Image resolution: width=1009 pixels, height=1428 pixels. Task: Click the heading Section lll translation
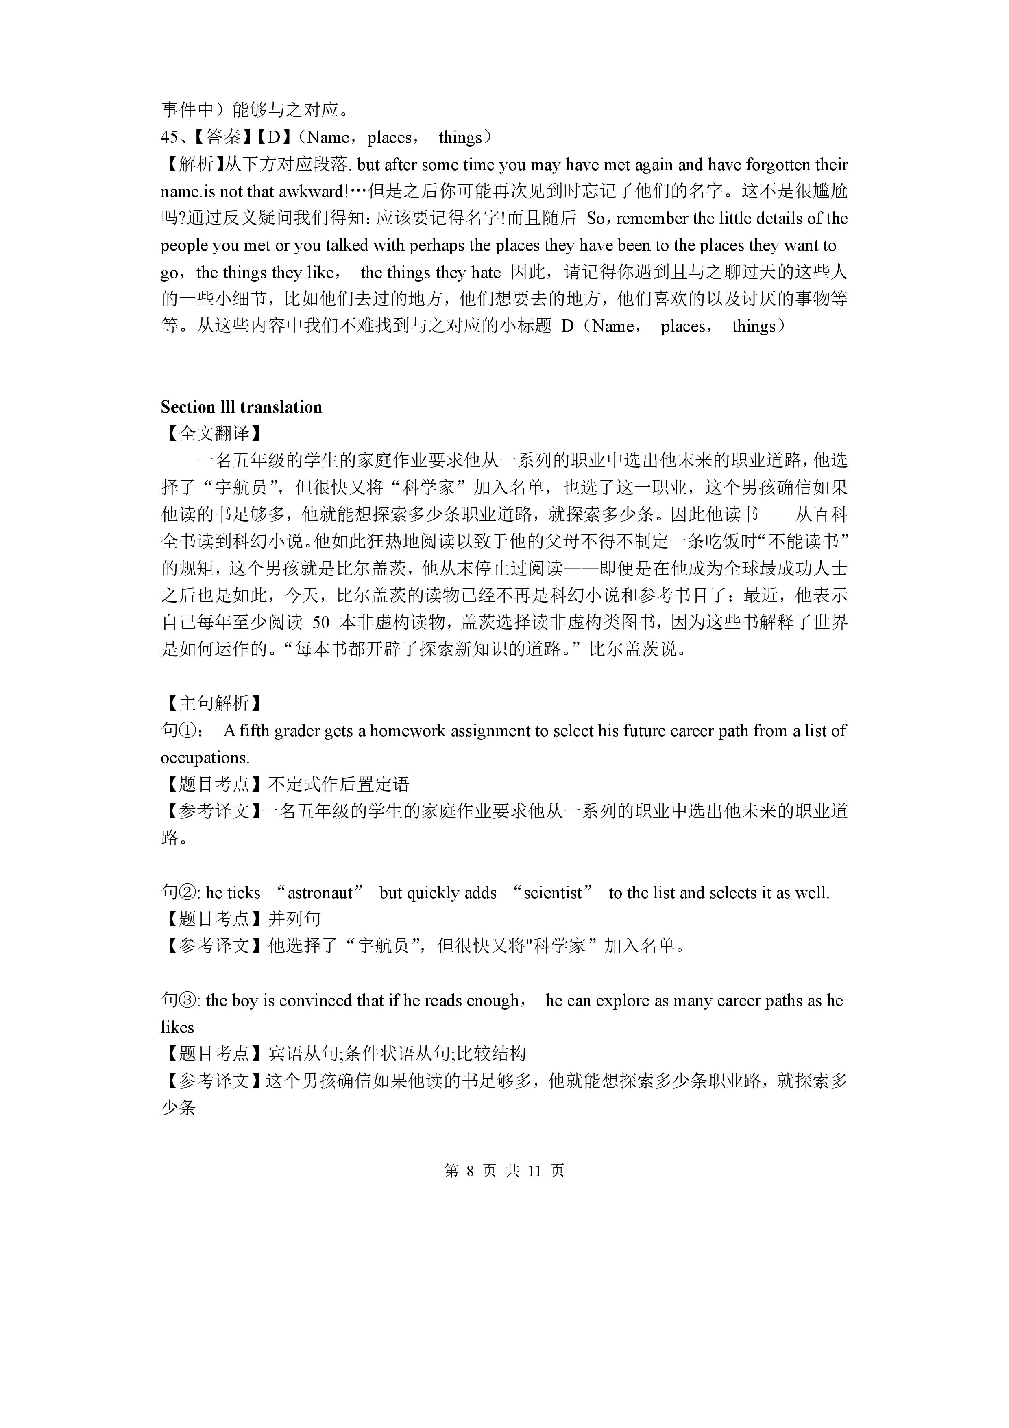click(x=241, y=407)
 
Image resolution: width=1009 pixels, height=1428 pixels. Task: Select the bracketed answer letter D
click(x=274, y=138)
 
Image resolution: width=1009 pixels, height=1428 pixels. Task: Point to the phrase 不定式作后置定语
click(x=338, y=784)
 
